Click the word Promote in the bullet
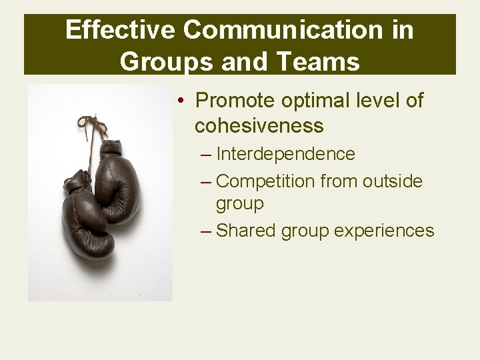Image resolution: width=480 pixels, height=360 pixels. (233, 101)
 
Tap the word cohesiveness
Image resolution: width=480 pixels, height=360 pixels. (259, 125)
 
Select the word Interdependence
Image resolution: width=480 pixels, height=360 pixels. (285, 154)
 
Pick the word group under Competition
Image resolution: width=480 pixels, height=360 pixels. (239, 203)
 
